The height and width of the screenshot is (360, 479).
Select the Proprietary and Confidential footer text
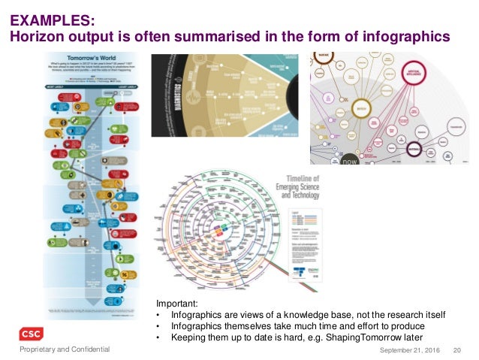pyautogui.click(x=65, y=349)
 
